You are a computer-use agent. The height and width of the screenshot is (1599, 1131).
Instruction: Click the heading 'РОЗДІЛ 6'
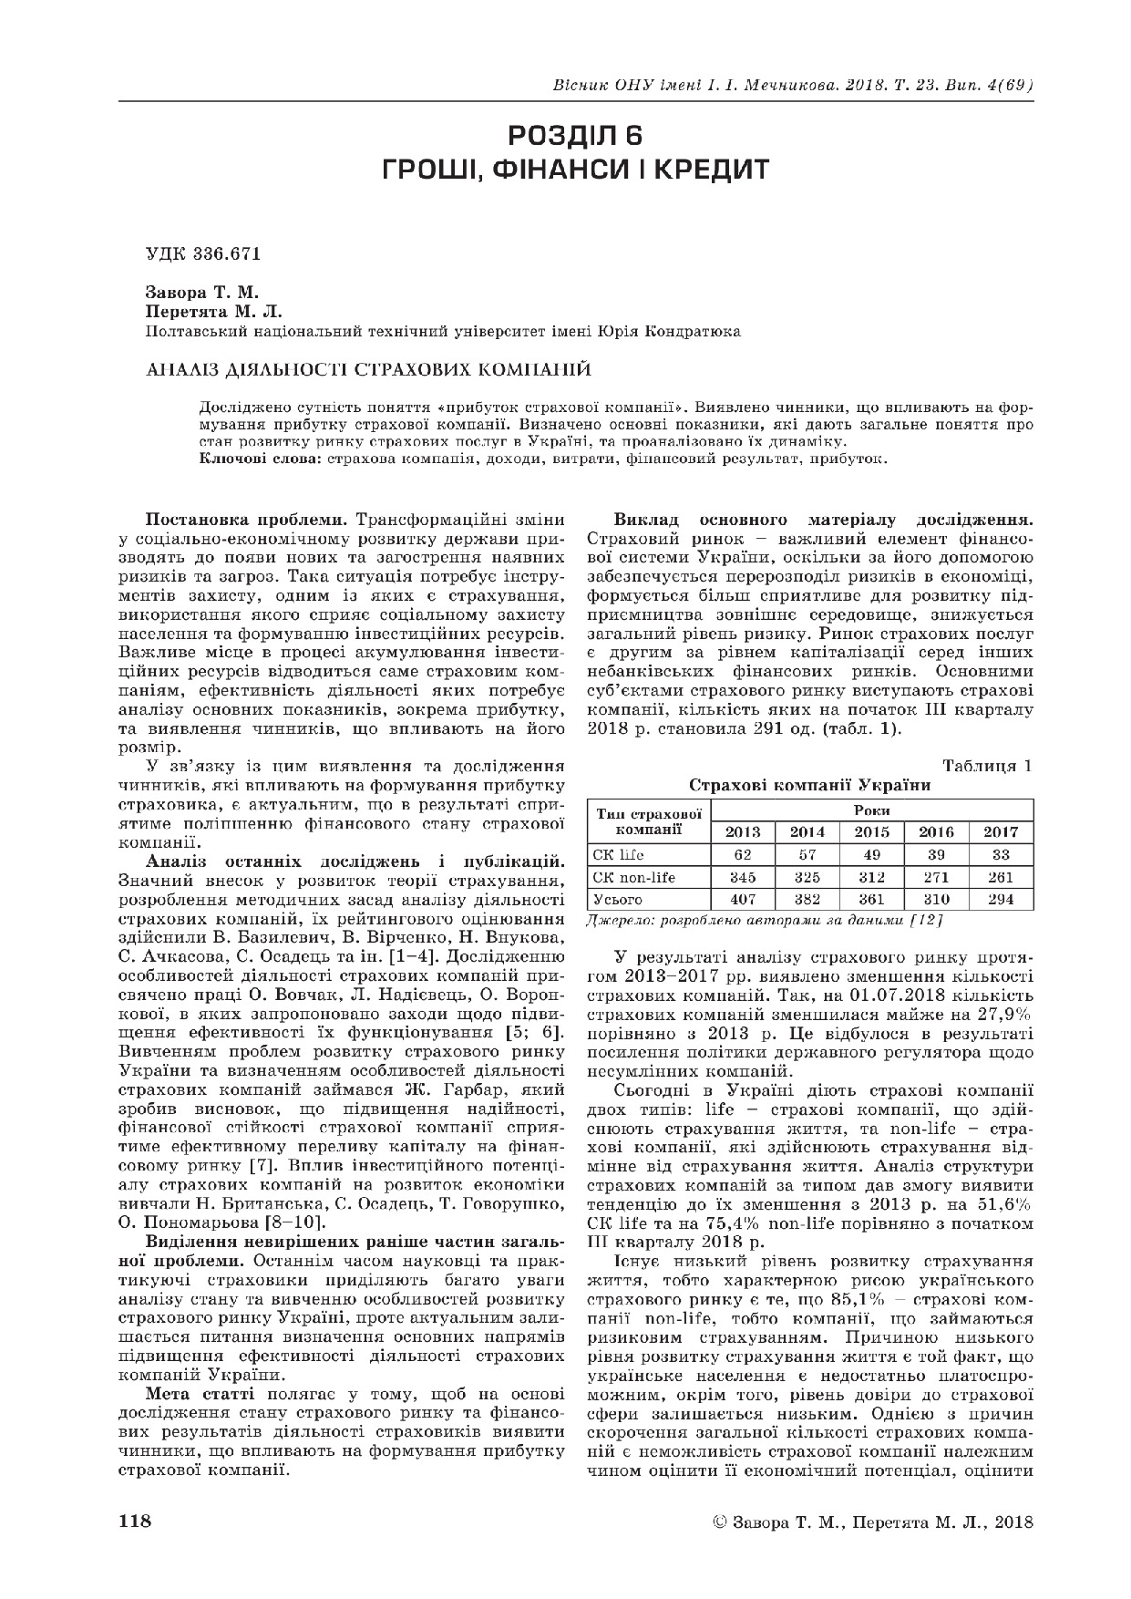pos(575,136)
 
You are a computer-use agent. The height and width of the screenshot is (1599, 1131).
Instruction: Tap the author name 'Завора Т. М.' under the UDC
pos(202,294)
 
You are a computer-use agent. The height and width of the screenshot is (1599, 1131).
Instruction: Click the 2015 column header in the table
pos(872,831)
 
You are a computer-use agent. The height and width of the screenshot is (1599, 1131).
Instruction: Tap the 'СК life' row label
pos(618,855)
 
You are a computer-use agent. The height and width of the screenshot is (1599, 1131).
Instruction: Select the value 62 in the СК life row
pos(742,855)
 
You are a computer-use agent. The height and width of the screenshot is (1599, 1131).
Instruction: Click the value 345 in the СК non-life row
pos(742,877)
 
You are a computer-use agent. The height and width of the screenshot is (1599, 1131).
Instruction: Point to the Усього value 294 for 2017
pos(1002,900)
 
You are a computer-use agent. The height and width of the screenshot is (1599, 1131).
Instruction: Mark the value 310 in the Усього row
pos(937,900)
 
